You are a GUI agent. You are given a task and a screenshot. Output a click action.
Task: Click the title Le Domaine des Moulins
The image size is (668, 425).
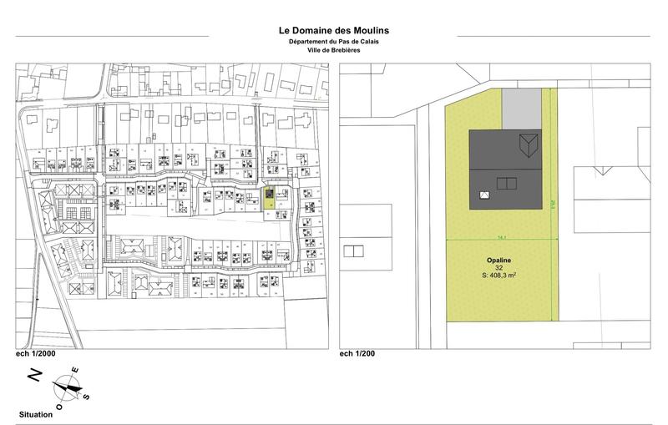(x=333, y=31)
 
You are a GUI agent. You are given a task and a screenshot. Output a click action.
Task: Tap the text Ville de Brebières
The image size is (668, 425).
(x=333, y=50)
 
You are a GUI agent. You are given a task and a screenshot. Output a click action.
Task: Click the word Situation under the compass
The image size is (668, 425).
(x=36, y=414)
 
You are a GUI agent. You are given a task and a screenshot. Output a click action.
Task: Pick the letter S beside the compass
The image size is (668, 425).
(x=84, y=397)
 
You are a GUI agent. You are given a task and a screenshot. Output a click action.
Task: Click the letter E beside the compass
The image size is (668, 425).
(x=74, y=369)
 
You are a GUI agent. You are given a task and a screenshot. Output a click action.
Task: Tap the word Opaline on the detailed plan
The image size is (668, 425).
(x=499, y=260)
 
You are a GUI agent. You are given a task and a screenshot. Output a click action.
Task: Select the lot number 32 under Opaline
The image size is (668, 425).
(x=499, y=267)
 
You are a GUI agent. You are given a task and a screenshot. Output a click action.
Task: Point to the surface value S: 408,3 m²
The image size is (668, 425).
(x=499, y=276)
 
